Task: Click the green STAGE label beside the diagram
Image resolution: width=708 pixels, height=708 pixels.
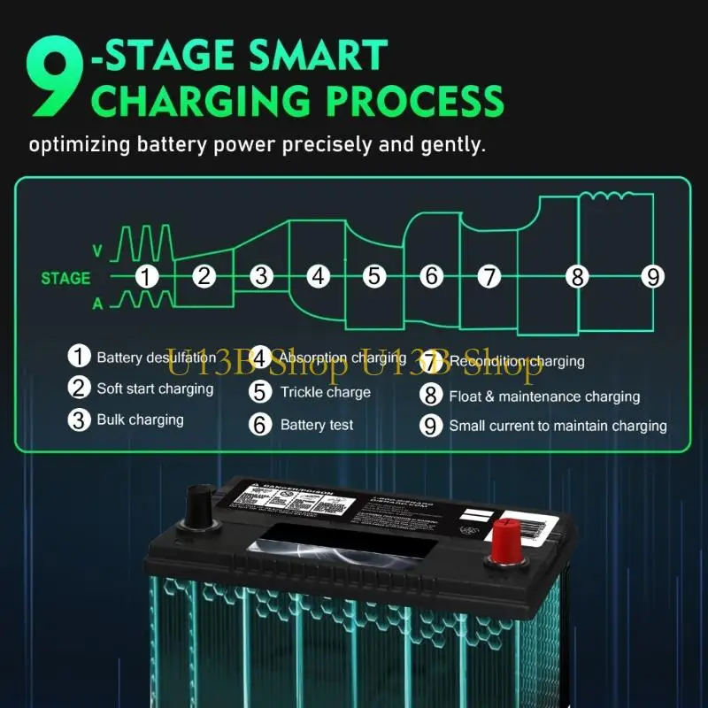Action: coord(65,278)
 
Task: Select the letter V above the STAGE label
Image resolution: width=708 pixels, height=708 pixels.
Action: coord(97,252)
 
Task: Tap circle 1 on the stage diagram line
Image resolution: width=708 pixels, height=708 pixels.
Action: coord(147,276)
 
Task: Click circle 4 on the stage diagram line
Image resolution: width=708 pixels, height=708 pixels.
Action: coord(318,276)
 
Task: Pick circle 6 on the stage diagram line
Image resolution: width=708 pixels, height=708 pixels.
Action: coord(431,276)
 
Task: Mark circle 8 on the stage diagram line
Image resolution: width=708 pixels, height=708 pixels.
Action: coord(578,277)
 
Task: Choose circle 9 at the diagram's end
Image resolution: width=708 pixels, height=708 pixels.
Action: coord(652,277)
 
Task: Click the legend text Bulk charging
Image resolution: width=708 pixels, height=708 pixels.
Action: coord(140,419)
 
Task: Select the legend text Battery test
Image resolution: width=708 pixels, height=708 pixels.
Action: coord(316,425)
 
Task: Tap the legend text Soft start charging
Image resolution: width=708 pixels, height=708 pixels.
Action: coord(155,389)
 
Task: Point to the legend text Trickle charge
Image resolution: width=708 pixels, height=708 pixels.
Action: coord(325,392)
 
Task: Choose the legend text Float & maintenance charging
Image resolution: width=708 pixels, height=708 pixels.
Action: coord(543,396)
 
